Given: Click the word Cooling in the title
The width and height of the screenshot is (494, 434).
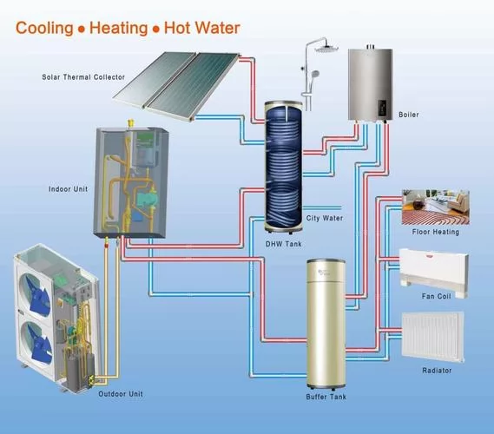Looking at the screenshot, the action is click(44, 29).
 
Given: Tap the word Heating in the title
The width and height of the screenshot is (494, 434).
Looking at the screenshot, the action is click(118, 29).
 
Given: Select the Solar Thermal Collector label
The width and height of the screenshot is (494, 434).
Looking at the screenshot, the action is click(83, 77).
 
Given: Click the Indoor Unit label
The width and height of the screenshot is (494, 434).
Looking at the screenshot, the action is click(68, 189).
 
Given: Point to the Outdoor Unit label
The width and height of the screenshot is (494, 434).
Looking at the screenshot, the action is click(121, 394).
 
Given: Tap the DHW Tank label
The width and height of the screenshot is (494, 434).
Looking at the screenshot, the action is click(284, 244).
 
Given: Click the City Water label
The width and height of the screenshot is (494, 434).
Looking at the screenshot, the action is click(325, 218).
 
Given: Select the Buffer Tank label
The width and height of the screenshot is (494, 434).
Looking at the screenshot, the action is click(326, 397).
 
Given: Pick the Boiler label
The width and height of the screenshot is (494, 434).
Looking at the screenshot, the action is click(409, 115).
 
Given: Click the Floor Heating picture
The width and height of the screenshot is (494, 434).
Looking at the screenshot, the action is click(436, 207).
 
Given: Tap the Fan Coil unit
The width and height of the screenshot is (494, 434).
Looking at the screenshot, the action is click(434, 273).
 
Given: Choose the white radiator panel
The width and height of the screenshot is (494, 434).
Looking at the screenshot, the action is click(433, 337).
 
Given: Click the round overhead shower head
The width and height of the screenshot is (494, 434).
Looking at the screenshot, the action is click(326, 49).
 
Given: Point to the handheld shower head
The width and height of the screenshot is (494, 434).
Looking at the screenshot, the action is click(314, 75).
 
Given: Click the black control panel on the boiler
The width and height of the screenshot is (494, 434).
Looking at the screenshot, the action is click(382, 108).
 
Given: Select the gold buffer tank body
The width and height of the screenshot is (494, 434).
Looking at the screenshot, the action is click(326, 324).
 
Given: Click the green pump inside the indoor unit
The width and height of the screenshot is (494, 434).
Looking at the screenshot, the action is click(145, 200).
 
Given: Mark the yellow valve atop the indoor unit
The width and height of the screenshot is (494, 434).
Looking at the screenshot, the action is click(129, 123).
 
